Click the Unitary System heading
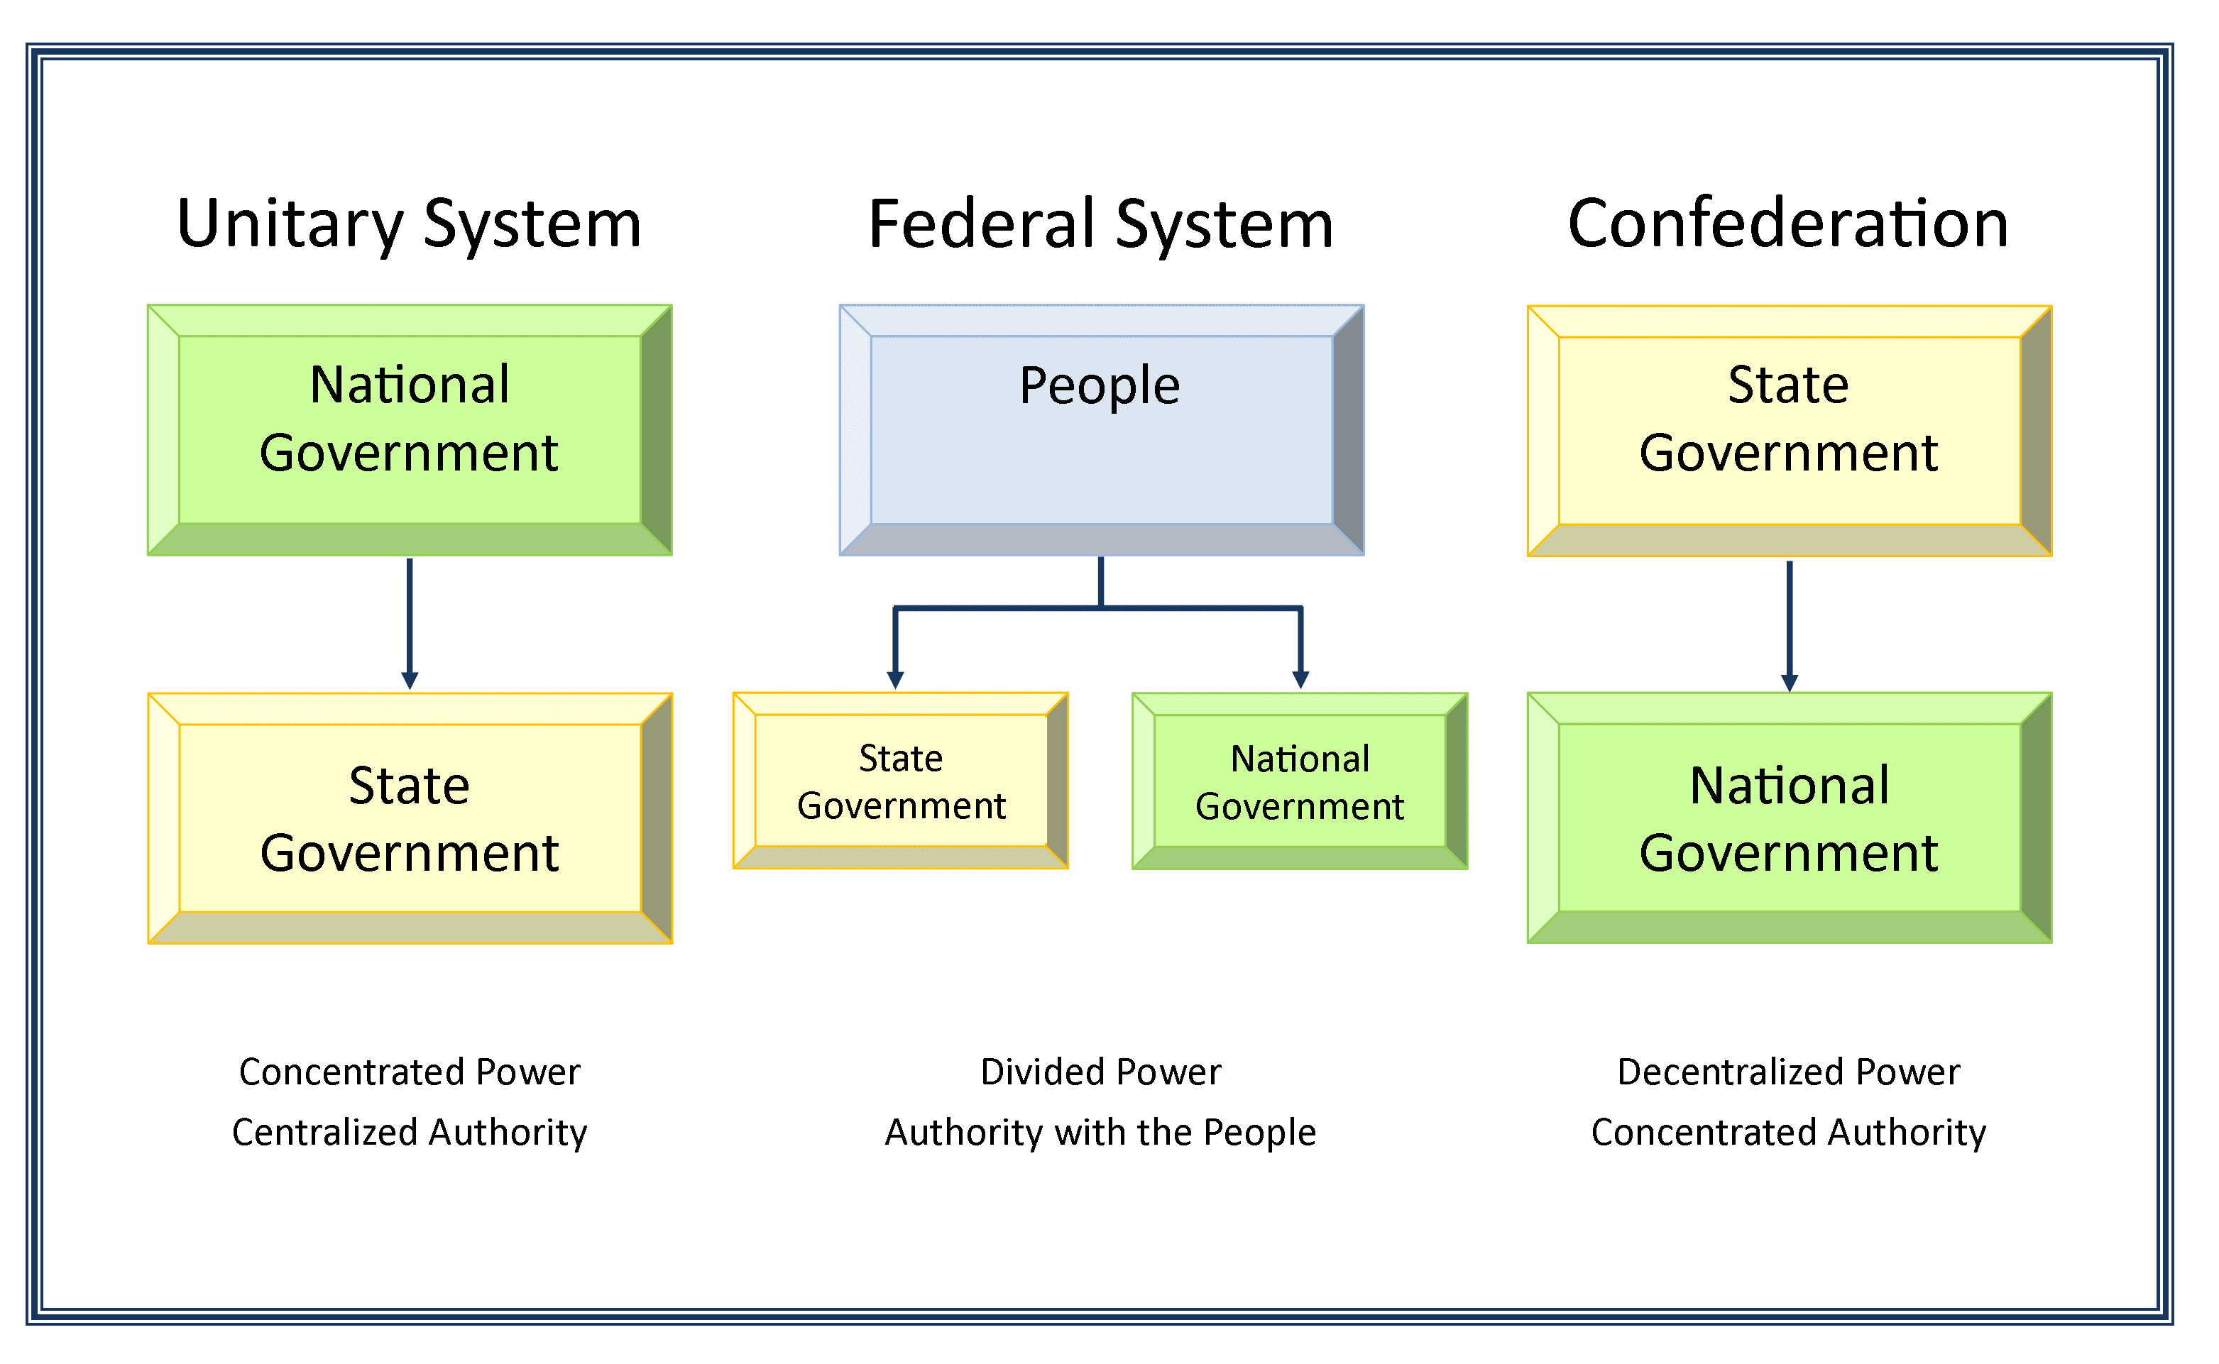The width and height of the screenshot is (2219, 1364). (x=410, y=224)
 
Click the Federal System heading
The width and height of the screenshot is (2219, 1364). (x=1101, y=224)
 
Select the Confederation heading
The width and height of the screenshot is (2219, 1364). (x=1789, y=224)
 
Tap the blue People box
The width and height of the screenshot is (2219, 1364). (x=1101, y=429)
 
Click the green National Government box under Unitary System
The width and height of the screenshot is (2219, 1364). (x=410, y=429)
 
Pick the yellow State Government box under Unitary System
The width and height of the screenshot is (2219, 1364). (x=410, y=818)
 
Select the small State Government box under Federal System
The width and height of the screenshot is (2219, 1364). (x=901, y=781)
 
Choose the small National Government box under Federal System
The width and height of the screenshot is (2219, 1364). (x=1300, y=781)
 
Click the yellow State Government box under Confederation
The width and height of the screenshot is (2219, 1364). (x=1789, y=430)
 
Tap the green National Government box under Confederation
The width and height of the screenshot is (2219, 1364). (x=1789, y=818)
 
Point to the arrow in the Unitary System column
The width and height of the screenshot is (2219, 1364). (x=410, y=622)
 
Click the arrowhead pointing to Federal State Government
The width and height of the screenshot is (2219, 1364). (x=895, y=679)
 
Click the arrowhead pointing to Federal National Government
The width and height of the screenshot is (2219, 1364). (x=1300, y=679)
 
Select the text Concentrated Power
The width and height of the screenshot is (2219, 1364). (x=410, y=1072)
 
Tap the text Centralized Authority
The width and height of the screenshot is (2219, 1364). (x=410, y=1132)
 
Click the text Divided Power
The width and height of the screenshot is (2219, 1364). (x=1101, y=1072)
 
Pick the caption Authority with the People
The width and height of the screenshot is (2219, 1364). (x=1101, y=1132)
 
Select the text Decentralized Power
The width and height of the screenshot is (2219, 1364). (x=1789, y=1072)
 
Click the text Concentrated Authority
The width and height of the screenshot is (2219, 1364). (x=1789, y=1132)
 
